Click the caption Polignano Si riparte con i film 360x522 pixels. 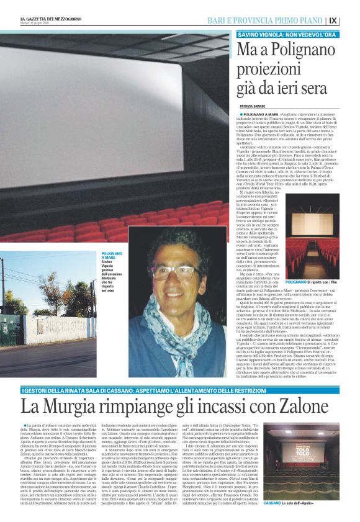322,282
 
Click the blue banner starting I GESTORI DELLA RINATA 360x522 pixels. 124,372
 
